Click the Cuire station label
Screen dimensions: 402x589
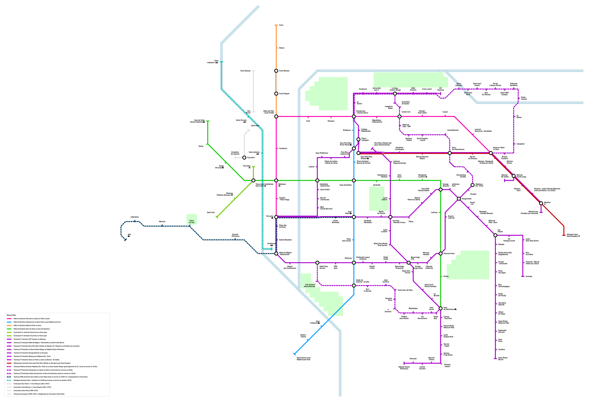click(x=281, y=25)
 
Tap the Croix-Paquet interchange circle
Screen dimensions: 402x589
click(x=276, y=94)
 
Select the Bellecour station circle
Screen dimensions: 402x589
click(x=276, y=180)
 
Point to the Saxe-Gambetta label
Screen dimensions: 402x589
click(x=345, y=185)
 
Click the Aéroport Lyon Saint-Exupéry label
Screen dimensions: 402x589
click(x=573, y=235)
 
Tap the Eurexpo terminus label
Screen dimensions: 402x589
click(x=529, y=277)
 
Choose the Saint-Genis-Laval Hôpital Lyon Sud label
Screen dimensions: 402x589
click(x=303, y=359)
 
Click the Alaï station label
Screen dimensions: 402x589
click(x=129, y=235)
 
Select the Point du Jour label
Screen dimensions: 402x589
click(x=192, y=221)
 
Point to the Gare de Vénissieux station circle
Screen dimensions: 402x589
click(x=441, y=308)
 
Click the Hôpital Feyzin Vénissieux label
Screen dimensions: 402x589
click(x=404, y=368)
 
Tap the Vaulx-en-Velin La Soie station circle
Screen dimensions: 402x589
click(x=491, y=153)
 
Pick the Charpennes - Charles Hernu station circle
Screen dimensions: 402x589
click(x=354, y=116)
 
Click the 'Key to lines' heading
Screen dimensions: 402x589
click(x=11, y=315)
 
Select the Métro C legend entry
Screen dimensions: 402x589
click(x=27, y=325)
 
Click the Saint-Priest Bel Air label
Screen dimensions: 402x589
click(x=503, y=359)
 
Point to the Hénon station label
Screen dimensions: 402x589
click(x=282, y=48)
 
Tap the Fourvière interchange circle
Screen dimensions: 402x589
click(x=244, y=157)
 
